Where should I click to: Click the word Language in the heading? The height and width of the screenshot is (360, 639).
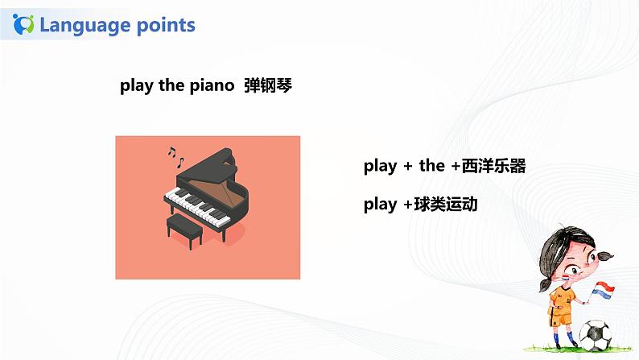click(85, 25)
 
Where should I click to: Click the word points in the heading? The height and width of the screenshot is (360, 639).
click(165, 25)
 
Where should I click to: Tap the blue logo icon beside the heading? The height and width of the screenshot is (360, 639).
click(24, 25)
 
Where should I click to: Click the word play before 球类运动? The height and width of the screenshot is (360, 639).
click(380, 205)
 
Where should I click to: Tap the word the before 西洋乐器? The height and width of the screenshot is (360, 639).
click(431, 167)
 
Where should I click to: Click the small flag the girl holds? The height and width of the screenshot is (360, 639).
click(603, 288)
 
